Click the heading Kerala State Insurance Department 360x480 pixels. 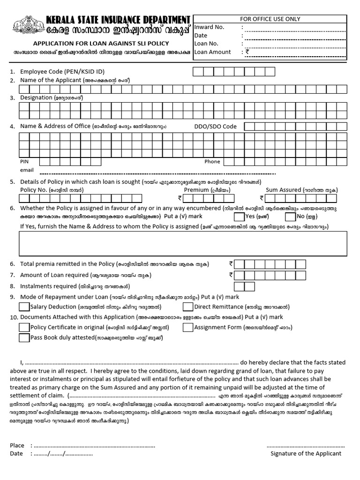pyautogui.click(x=118, y=20)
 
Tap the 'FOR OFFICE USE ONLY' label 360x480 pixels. pyautogui.click(x=270, y=19)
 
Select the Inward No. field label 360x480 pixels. pyautogui.click(x=210, y=27)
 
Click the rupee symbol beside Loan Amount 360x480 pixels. pyautogui.click(x=247, y=52)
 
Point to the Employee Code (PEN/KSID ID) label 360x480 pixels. pyautogui.click(x=62, y=72)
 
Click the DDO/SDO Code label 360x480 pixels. pyautogui.click(x=216, y=126)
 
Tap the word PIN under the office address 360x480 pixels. pyautogui.click(x=24, y=161)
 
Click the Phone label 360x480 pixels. pyautogui.click(x=212, y=161)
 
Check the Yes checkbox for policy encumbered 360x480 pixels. pyautogui.click(x=239, y=217)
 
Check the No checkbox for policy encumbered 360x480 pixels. pyautogui.click(x=290, y=217)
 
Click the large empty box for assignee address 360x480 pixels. pyautogui.click(x=183, y=243)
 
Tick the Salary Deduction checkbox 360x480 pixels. pyautogui.click(x=24, y=307)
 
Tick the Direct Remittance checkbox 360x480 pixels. pyautogui.click(x=187, y=307)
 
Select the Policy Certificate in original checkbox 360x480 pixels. pyautogui.click(x=24, y=328)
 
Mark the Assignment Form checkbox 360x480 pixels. pyautogui.click(x=187, y=328)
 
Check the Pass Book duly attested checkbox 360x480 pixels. pyautogui.click(x=24, y=337)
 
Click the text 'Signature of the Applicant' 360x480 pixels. pyautogui.click(x=306, y=453)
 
